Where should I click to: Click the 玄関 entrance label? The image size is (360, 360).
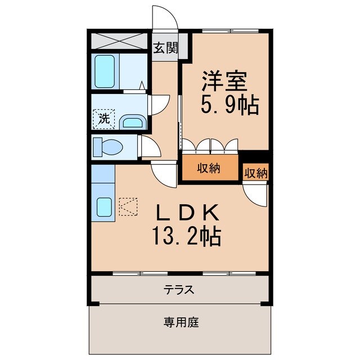click(x=165, y=48)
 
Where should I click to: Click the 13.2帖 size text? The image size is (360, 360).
click(x=185, y=236)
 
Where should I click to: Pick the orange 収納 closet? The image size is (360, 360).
click(x=209, y=168)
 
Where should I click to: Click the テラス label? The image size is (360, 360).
click(x=179, y=290)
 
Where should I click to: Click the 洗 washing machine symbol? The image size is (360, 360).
click(x=103, y=119)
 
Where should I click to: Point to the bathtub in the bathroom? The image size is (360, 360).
click(x=105, y=71)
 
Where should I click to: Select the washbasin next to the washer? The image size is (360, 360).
click(x=133, y=121)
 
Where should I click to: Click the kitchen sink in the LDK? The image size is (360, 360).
click(x=104, y=208)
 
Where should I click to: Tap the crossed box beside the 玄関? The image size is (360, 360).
click(x=119, y=41)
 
